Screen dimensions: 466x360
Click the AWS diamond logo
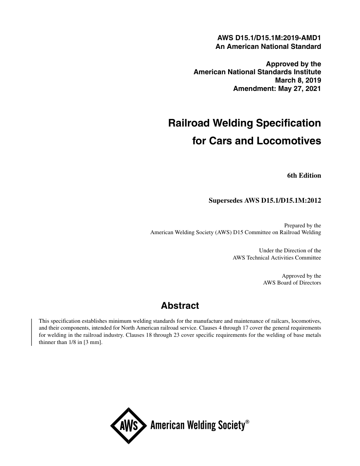pyautogui.click(x=128, y=425)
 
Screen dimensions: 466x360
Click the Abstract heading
pyautogui.click(x=180, y=306)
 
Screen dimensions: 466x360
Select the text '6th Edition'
pyautogui.click(x=304, y=175)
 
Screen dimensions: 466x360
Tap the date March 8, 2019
pyautogui.click(x=298, y=80)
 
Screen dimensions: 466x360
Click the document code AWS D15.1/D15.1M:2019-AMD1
pyautogui.click(x=269, y=38)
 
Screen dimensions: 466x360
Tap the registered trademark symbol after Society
pyautogui.click(x=247, y=421)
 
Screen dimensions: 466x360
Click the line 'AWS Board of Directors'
pyautogui.click(x=292, y=283)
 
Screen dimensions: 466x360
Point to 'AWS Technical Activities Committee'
pyautogui.click(x=277, y=258)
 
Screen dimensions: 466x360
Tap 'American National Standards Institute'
pyautogui.click(x=257, y=72)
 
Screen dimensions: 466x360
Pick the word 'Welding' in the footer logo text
pyautogui.click(x=200, y=425)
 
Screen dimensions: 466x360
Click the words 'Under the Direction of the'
pyautogui.click(x=290, y=250)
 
